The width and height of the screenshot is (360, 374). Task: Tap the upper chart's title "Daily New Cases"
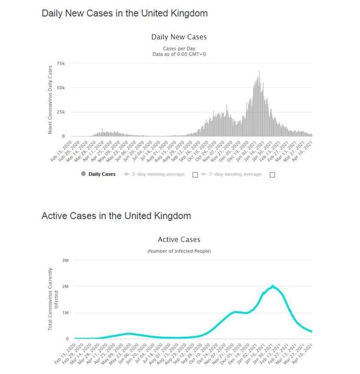point(179,37)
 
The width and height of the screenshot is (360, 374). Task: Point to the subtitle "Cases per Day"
point(179,48)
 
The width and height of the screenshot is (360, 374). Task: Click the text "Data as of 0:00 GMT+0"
point(179,54)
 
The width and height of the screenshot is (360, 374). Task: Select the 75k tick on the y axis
point(61,63)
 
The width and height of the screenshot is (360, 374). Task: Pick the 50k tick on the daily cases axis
point(61,88)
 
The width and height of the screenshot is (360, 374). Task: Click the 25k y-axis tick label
point(61,112)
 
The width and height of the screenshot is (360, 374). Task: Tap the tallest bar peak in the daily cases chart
point(259,72)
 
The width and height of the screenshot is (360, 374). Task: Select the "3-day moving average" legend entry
point(157,174)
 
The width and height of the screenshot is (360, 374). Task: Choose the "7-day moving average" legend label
point(234,174)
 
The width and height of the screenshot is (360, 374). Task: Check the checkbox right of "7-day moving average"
point(272,174)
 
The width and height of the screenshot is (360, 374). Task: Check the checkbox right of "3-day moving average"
point(195,174)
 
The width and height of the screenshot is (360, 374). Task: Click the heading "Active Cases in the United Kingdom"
point(116,216)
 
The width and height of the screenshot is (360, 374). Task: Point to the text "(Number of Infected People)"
point(179,251)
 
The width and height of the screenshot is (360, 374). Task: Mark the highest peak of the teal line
point(273,286)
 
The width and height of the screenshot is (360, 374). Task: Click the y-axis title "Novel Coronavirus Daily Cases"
point(52,99)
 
